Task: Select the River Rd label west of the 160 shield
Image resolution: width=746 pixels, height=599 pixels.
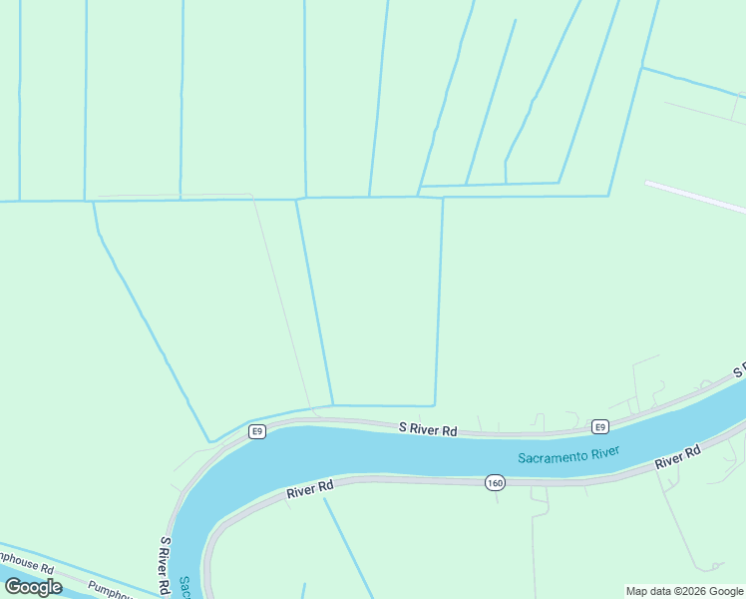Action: [308, 489]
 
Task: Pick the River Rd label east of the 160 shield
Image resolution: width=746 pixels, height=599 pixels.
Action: [677, 458]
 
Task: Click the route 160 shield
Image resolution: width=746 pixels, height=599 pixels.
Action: [496, 483]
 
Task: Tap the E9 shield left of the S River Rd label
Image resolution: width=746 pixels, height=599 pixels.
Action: [257, 431]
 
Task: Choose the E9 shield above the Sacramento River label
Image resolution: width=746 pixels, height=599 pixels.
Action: [598, 426]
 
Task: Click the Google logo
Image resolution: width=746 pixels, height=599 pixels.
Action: [33, 587]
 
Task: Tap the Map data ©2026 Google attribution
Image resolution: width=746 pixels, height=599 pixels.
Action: [685, 591]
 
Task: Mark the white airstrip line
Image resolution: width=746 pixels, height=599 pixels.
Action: [695, 197]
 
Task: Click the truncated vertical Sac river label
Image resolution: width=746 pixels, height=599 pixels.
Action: [185, 586]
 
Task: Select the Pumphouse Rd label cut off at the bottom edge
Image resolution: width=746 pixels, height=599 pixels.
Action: [109, 590]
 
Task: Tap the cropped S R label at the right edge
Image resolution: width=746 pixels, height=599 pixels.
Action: [739, 371]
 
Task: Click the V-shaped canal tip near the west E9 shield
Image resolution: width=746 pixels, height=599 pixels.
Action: [209, 440]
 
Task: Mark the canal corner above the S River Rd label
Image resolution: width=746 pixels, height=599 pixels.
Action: [434, 404]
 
